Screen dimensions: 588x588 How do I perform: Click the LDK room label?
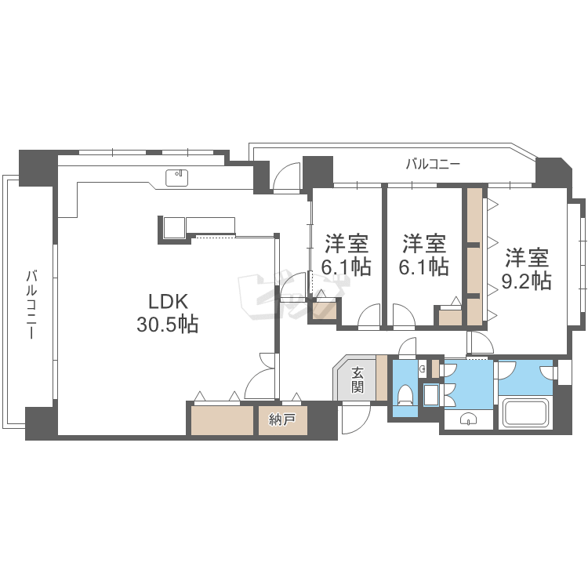pyautogui.click(x=168, y=302)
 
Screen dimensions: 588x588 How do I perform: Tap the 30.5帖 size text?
pyautogui.click(x=167, y=325)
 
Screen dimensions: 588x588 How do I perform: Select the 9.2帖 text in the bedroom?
pyautogui.click(x=527, y=281)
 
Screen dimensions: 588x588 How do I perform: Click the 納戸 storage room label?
pyautogui.click(x=281, y=419)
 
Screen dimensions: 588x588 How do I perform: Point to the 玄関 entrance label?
pyautogui.click(x=357, y=380)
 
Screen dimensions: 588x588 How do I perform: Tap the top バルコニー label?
pyautogui.click(x=433, y=164)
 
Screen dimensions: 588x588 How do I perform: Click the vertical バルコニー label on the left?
pyautogui.click(x=31, y=304)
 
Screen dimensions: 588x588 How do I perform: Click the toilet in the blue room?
pyautogui.click(x=405, y=395)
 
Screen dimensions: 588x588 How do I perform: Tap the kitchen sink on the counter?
pyautogui.click(x=176, y=178)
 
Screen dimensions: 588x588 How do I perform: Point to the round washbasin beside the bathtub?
pyautogui.click(x=468, y=419)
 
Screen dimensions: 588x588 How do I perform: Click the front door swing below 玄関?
pyautogui.click(x=354, y=418)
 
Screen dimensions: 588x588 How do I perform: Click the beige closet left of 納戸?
pyautogui.click(x=223, y=420)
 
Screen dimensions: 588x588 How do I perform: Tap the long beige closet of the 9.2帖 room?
pyautogui.click(x=474, y=257)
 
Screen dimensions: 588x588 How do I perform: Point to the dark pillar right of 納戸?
pyautogui.click(x=322, y=420)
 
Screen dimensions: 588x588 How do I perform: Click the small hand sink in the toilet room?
pyautogui.click(x=423, y=368)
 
